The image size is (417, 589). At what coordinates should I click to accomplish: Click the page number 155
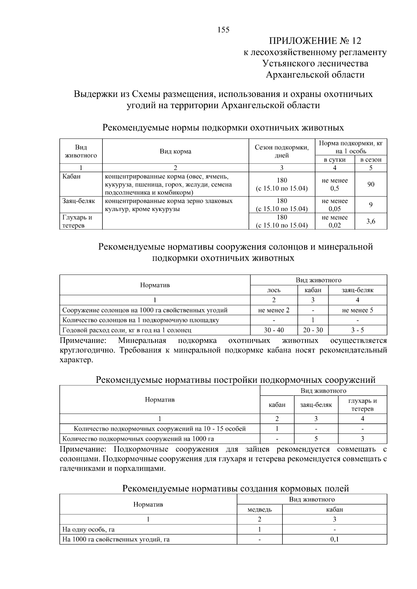(223, 30)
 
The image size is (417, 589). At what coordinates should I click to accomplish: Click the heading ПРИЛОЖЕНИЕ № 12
(315, 41)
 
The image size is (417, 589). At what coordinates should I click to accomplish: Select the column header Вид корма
(175, 151)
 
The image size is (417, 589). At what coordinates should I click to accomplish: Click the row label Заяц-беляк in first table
(79, 201)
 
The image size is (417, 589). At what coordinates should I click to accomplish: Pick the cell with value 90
(371, 184)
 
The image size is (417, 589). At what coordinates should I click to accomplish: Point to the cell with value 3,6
(371, 221)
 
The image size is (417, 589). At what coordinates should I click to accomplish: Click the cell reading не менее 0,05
(335, 205)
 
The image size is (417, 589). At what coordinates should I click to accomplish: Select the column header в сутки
(335, 160)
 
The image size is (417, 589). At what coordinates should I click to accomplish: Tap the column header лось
(274, 290)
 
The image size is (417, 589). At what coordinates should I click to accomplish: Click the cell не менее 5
(358, 310)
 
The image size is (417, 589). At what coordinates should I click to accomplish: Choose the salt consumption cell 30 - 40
(274, 330)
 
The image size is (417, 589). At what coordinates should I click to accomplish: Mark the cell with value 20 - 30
(313, 330)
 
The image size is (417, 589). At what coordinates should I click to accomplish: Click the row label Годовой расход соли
(127, 330)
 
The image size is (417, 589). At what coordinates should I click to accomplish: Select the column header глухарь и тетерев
(362, 405)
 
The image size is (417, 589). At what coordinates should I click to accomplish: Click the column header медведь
(260, 510)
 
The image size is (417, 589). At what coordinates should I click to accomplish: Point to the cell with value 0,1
(334, 539)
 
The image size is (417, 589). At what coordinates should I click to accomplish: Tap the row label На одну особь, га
(88, 530)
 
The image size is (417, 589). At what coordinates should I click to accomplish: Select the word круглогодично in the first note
(88, 350)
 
